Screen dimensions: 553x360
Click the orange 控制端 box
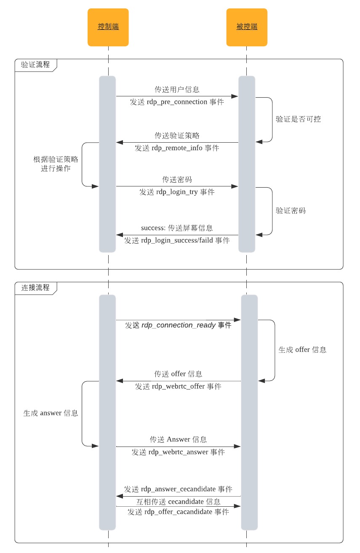pos(108,27)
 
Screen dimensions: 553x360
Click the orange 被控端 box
pos(247,27)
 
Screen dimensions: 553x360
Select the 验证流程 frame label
pos(35,65)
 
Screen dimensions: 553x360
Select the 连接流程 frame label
pos(35,288)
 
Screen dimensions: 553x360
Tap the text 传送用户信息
pos(177,90)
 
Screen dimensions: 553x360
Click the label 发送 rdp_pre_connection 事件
pos(177,102)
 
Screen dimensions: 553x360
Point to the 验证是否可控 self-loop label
pos(298,119)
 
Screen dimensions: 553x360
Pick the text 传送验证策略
pos(177,136)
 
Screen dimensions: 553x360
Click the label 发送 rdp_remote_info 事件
pos(177,148)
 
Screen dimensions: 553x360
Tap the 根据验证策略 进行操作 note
pos(56,164)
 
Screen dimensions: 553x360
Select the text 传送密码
pos(177,179)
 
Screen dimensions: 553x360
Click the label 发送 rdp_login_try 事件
pos(177,192)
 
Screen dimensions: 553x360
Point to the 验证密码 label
pos(291,210)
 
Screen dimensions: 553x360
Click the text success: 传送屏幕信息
pos(177,228)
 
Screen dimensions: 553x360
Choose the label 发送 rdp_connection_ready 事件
pos(178,325)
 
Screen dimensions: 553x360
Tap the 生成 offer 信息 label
pos(302,350)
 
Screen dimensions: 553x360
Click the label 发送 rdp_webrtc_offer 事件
pos(178,386)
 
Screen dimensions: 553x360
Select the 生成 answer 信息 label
pos(51,413)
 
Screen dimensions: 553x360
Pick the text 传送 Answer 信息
pos(178,440)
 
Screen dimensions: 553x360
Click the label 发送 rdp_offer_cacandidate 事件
pos(178,512)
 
